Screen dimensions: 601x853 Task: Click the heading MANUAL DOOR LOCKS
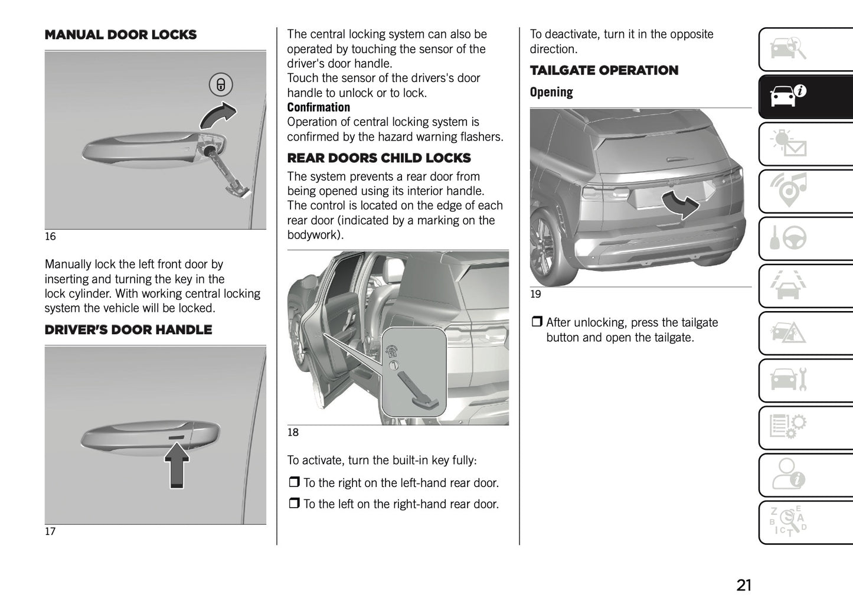(x=120, y=35)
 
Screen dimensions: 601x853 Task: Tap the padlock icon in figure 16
(x=221, y=84)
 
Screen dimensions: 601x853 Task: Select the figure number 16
(x=50, y=237)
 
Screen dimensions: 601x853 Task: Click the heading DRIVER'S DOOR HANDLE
(x=128, y=330)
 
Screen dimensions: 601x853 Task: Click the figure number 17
(x=50, y=531)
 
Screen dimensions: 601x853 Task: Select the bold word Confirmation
(x=318, y=107)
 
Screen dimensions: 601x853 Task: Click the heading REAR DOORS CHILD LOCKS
(x=378, y=158)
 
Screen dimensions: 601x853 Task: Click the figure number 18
(x=293, y=432)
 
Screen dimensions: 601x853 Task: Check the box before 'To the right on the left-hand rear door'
(x=294, y=483)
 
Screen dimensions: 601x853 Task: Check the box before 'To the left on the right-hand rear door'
(x=294, y=504)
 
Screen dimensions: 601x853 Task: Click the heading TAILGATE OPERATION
(x=603, y=70)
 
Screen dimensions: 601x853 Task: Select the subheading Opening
(x=551, y=92)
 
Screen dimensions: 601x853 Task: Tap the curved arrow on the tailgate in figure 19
(x=681, y=204)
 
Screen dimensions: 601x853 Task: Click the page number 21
(x=744, y=585)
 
